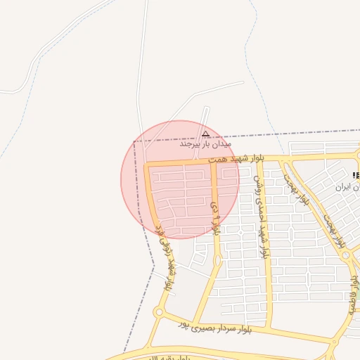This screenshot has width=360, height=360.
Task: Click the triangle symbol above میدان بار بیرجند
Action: [x=205, y=134]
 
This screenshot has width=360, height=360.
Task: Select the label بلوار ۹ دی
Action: [x=214, y=212]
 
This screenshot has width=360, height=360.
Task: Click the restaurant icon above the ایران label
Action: [x=355, y=175]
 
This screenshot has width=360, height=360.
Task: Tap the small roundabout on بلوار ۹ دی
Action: [x=217, y=261]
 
